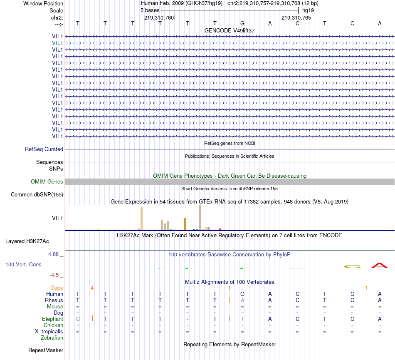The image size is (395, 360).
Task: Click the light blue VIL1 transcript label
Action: click(x=57, y=43)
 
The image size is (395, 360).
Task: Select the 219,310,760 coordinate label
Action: click(x=159, y=18)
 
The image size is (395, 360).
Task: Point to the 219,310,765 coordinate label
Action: click(x=296, y=18)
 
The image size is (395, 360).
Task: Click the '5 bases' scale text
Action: click(x=150, y=10)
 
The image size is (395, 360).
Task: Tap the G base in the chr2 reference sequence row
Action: click(x=242, y=24)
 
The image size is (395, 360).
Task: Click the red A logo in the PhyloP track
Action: click(x=379, y=265)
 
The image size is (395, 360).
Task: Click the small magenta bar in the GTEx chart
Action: click(x=220, y=229)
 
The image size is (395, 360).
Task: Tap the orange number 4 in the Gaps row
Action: click(x=92, y=288)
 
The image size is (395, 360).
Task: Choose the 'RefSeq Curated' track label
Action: click(x=44, y=149)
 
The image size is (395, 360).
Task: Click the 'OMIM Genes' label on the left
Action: click(x=47, y=182)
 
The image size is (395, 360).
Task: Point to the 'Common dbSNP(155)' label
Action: click(x=37, y=195)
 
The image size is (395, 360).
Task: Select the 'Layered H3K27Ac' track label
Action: click(x=27, y=241)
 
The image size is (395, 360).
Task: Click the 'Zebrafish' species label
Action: click(x=52, y=338)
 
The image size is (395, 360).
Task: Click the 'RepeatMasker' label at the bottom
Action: click(x=46, y=350)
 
